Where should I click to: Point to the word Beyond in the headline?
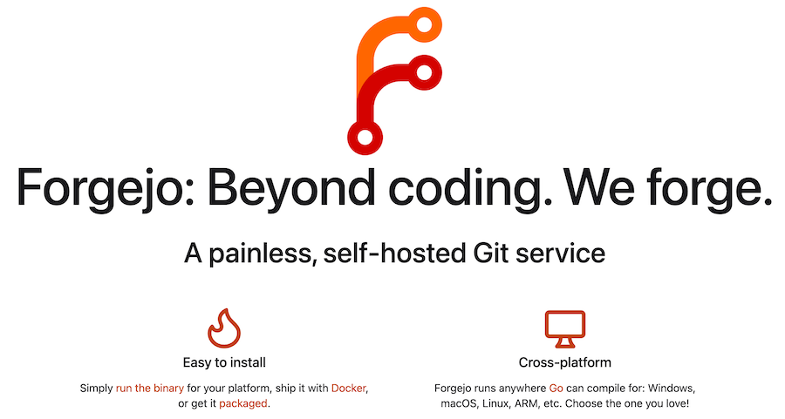pyautogui.click(x=291, y=189)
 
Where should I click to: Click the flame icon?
pyautogui.click(x=224, y=328)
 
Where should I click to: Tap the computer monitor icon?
pyautogui.click(x=564, y=329)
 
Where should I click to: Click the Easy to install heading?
pyautogui.click(x=224, y=362)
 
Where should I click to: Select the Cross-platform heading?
pyautogui.click(x=564, y=362)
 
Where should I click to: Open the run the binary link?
pyautogui.click(x=150, y=389)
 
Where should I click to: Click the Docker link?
pyautogui.click(x=348, y=389)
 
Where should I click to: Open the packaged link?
pyautogui.click(x=242, y=403)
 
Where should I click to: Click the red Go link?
pyautogui.click(x=556, y=389)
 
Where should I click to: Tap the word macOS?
pyautogui.click(x=459, y=403)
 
